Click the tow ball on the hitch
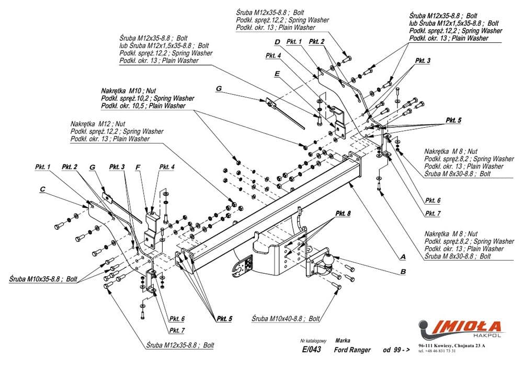[x=329, y=259]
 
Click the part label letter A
[x=403, y=257]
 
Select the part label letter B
[x=403, y=271]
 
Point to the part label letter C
[x=43, y=189]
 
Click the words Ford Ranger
[x=353, y=350]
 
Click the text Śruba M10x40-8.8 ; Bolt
[x=286, y=318]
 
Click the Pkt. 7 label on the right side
[x=433, y=214]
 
